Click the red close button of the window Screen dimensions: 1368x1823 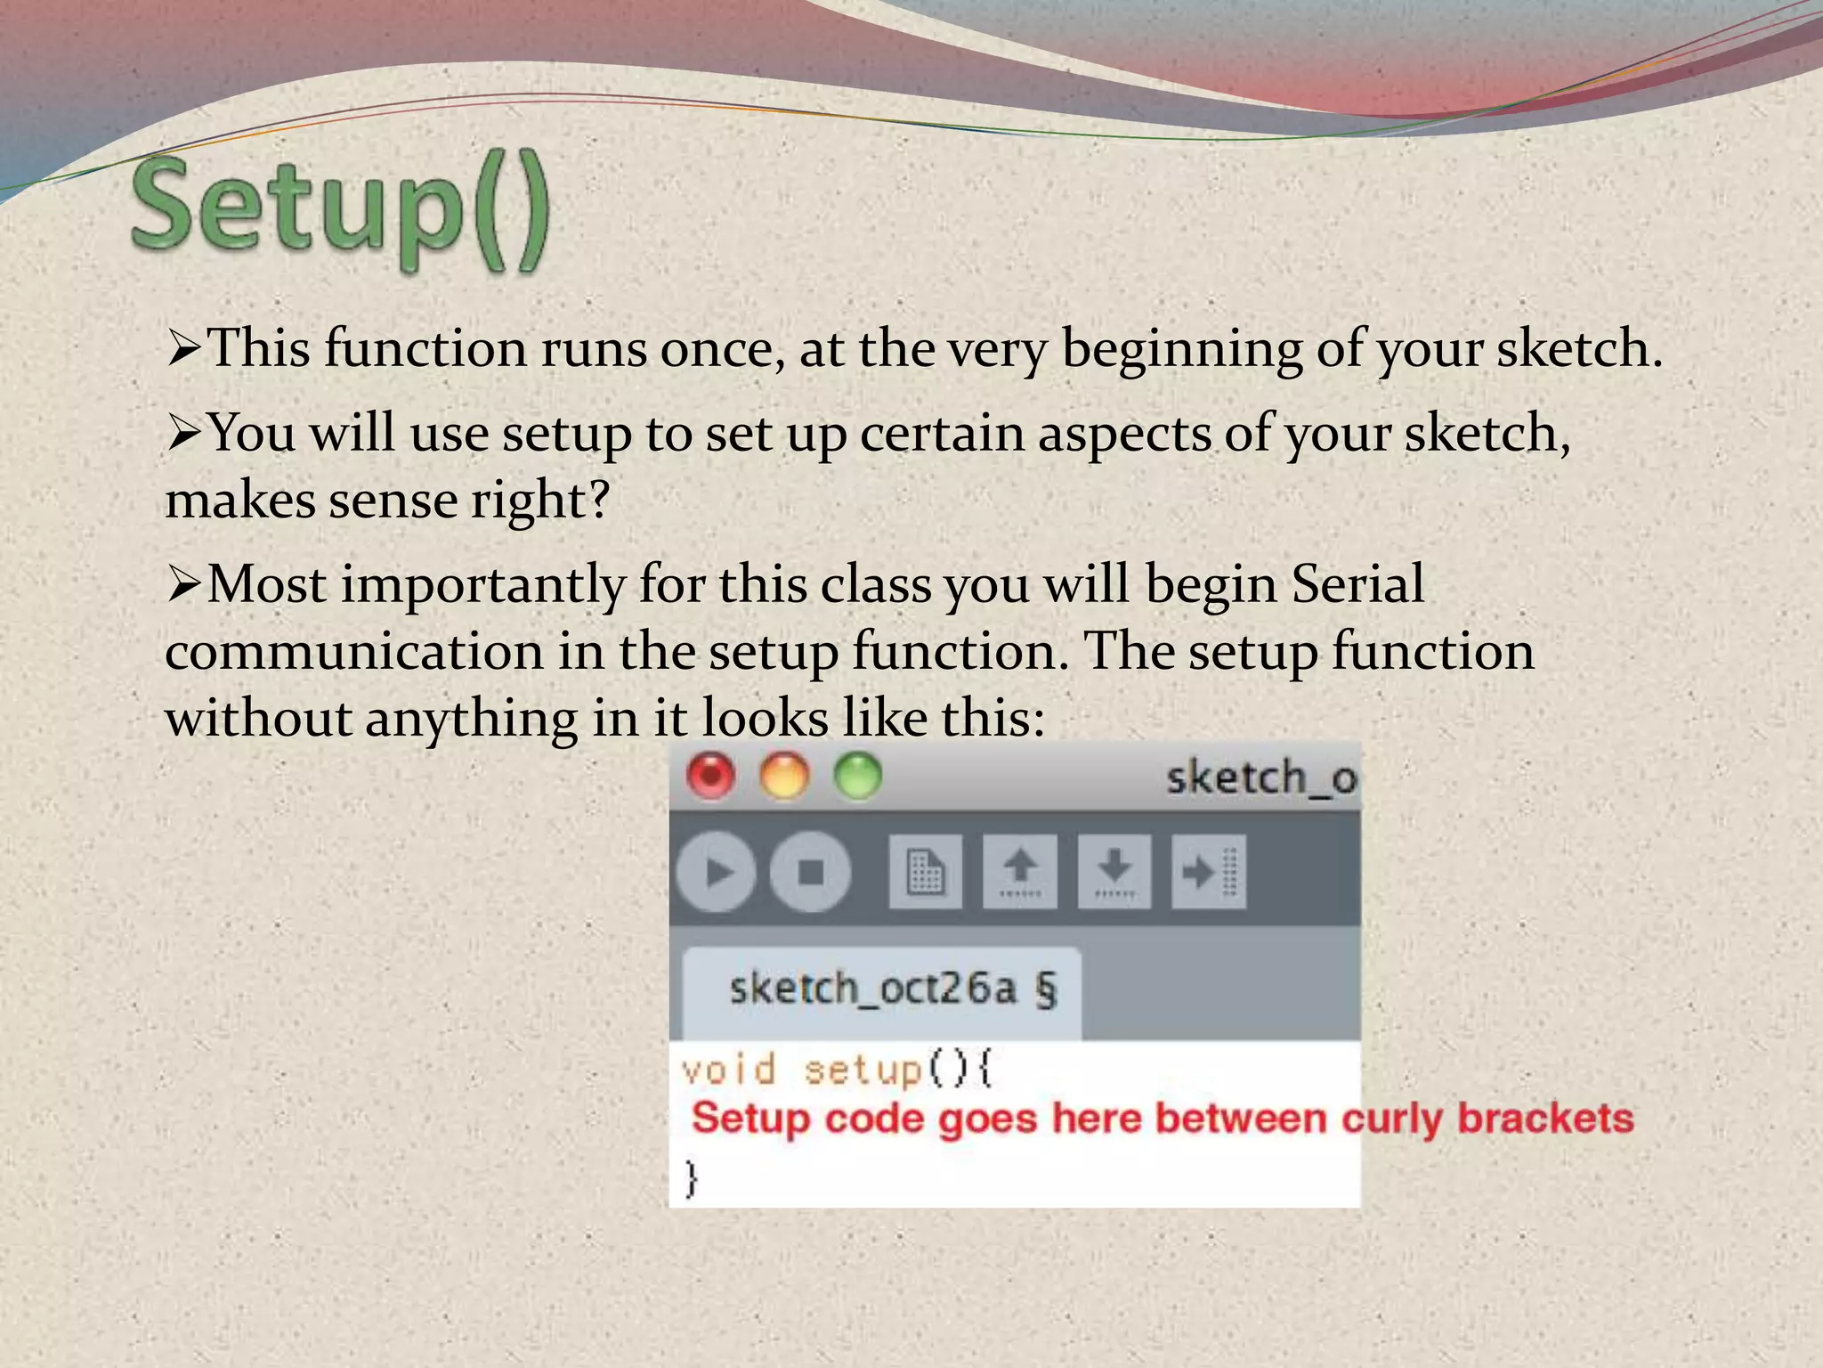pos(711,776)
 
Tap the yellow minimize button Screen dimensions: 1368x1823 pos(784,776)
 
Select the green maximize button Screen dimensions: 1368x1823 pos(857,776)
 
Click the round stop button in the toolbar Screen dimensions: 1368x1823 pos(810,872)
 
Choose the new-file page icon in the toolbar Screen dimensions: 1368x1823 pos(925,872)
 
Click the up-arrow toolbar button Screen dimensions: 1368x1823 pos(1020,872)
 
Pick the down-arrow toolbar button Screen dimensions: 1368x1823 pos(1114,872)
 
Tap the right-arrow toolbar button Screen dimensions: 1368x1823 pos(1208,872)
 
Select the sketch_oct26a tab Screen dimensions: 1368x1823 pos(881,989)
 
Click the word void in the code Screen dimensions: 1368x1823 pos(728,1070)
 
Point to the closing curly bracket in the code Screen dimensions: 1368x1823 pos(692,1177)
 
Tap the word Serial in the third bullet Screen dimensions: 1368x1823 pos(1357,585)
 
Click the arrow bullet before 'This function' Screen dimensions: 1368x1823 pos(183,349)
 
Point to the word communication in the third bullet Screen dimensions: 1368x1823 pos(353,651)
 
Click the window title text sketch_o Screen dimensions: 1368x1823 pos(1260,778)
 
